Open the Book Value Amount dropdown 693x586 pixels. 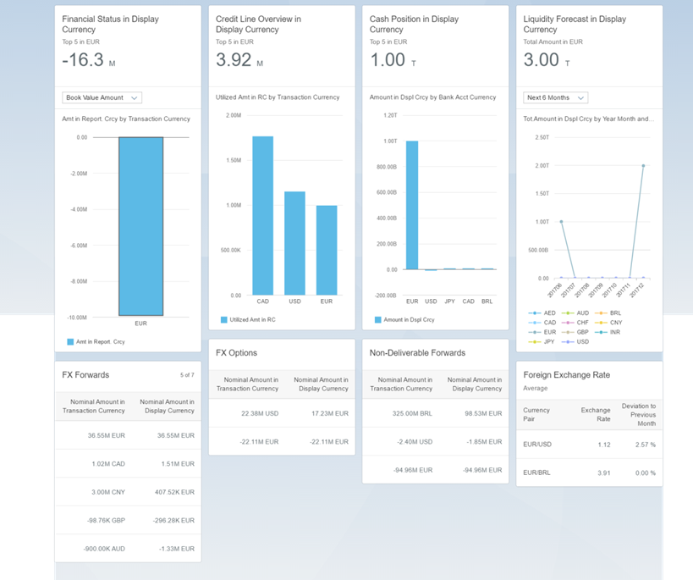tap(102, 97)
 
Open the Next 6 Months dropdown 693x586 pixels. tap(555, 97)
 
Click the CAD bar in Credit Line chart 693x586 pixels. tap(262, 216)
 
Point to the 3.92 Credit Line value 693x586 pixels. tap(234, 59)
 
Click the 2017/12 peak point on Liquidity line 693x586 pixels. tap(643, 166)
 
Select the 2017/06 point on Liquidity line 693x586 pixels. tap(561, 222)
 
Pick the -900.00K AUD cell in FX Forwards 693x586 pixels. tap(103, 548)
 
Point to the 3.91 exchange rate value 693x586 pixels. tap(602, 473)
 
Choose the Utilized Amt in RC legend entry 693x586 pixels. tap(247, 320)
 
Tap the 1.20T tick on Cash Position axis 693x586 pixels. tap(390, 115)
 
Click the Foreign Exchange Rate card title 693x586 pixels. tap(566, 374)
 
